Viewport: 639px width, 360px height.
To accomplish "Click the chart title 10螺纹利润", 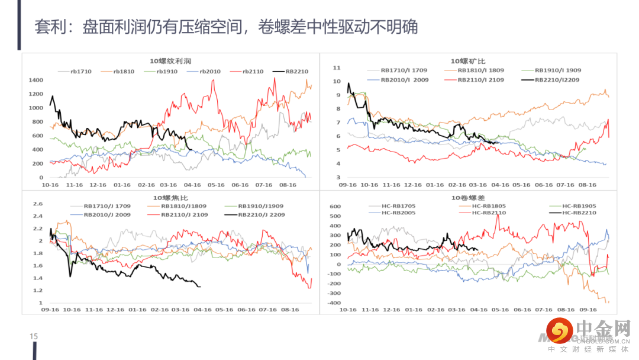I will click(x=170, y=61).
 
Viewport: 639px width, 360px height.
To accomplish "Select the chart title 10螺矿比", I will click(x=468, y=61).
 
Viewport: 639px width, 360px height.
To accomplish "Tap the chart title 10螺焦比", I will click(x=170, y=197).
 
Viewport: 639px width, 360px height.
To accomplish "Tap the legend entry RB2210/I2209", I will click(x=554, y=79).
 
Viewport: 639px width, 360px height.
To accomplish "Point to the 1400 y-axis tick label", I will click(x=37, y=81).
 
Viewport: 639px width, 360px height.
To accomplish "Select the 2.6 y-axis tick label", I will click(x=38, y=204).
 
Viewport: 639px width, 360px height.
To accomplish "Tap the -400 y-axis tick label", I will click(x=334, y=303).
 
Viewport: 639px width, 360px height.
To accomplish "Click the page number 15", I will click(x=34, y=337).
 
